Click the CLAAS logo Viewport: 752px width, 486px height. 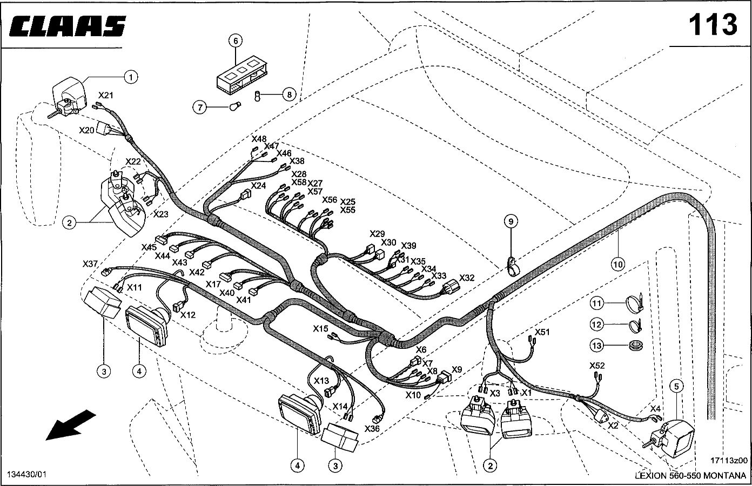(x=68, y=26)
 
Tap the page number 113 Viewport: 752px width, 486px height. (x=713, y=24)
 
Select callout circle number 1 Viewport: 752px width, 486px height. (x=130, y=77)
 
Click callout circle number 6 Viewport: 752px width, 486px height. (x=236, y=40)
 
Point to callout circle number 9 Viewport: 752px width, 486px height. (x=511, y=221)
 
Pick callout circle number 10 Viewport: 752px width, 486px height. (x=618, y=264)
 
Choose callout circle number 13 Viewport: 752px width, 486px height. (x=596, y=345)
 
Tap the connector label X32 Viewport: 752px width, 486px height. (x=467, y=278)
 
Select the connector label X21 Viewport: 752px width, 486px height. (x=106, y=96)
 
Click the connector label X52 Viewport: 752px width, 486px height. (x=597, y=366)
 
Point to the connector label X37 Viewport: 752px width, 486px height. (x=90, y=264)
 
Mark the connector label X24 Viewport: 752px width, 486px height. (x=259, y=186)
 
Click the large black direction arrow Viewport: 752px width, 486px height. (x=71, y=424)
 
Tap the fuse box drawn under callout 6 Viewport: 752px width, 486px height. (x=241, y=74)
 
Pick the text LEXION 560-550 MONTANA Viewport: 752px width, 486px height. (x=690, y=476)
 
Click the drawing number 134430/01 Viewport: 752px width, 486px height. (x=26, y=474)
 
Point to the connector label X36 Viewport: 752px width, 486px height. (x=372, y=429)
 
